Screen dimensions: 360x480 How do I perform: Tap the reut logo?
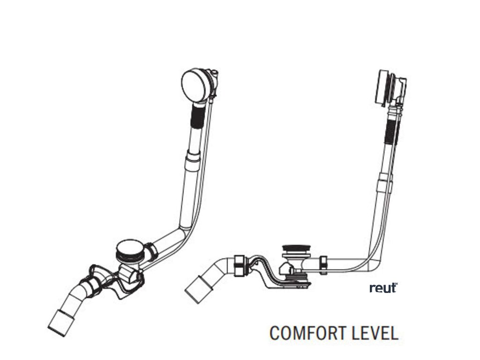click(383, 288)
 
